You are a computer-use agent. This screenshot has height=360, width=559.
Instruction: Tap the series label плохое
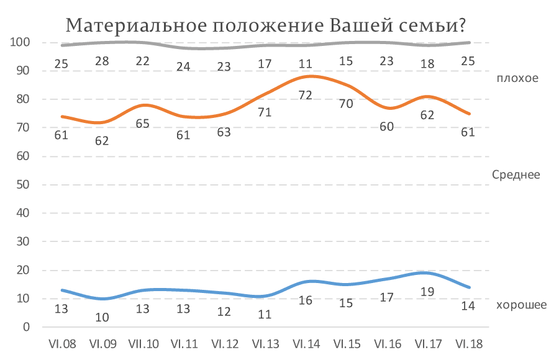click(517, 78)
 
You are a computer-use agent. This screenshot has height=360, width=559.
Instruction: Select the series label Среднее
click(516, 174)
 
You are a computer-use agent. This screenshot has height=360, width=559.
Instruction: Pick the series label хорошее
click(521, 305)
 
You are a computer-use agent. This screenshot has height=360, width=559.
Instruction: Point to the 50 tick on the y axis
click(23, 184)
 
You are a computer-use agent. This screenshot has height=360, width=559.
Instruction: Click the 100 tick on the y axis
click(20, 42)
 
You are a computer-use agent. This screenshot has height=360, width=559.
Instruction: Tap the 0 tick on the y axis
click(26, 327)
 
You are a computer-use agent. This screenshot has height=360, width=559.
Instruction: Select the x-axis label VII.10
click(143, 344)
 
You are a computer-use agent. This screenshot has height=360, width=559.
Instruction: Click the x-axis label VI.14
click(306, 344)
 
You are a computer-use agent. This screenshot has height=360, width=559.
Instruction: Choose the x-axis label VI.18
click(469, 344)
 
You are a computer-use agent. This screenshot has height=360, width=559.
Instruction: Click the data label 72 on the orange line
click(306, 95)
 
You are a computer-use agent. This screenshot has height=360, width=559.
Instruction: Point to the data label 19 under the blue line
click(427, 292)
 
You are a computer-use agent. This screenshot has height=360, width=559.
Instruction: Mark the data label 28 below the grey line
click(102, 61)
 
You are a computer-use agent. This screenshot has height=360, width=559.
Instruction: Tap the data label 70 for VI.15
click(346, 104)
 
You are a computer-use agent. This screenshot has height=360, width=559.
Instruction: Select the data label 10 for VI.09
click(102, 317)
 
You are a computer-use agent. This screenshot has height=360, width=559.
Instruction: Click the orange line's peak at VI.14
click(311, 76)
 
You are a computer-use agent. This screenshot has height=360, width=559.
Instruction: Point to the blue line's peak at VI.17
click(423, 273)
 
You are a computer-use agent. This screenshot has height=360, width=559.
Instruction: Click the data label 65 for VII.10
click(143, 124)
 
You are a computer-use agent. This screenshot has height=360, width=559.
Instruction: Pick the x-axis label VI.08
click(62, 344)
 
